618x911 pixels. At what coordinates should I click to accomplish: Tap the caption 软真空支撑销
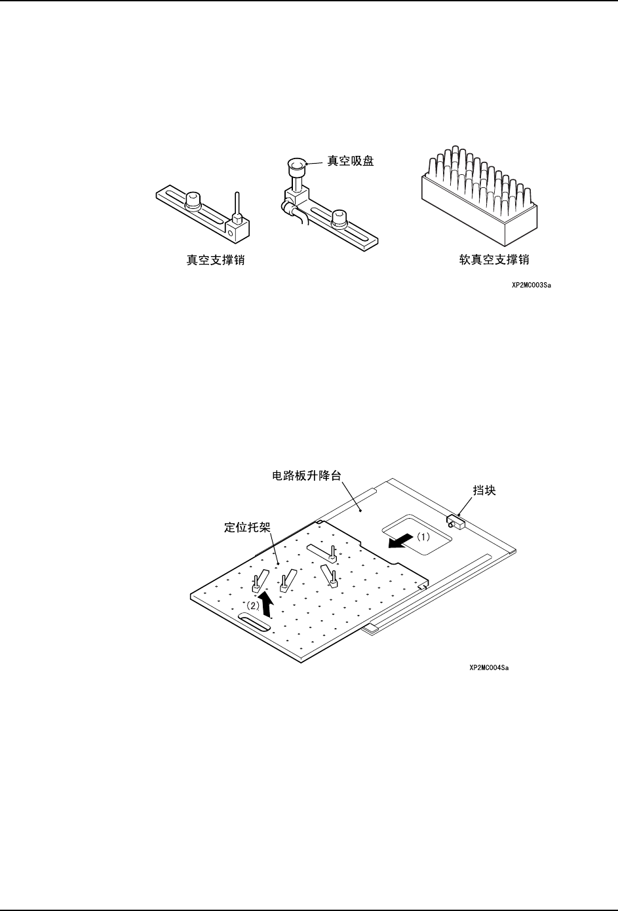click(493, 260)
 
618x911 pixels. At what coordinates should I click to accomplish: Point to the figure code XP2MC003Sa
click(531, 286)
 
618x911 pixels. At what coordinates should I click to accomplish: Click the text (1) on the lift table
click(424, 536)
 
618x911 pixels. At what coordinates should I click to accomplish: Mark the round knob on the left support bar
click(193, 200)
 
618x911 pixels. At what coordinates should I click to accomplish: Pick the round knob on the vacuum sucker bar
click(339, 217)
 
